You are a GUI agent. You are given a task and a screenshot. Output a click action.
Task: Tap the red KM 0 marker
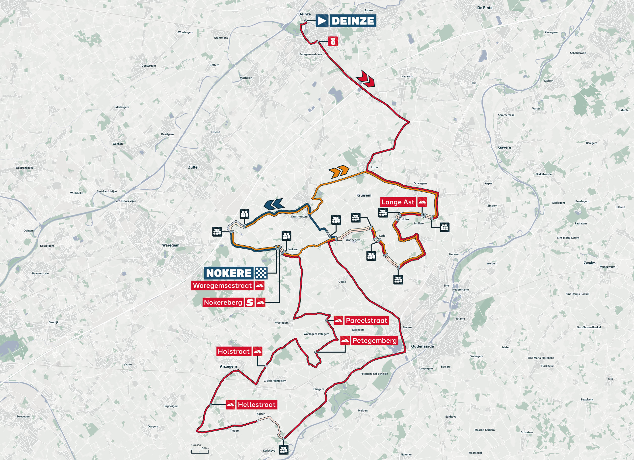coord(333,41)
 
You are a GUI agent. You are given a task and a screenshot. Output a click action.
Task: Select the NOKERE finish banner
coord(229,273)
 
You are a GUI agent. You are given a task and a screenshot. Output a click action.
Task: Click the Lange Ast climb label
coord(398,202)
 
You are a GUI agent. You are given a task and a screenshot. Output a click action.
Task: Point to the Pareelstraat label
coord(367,321)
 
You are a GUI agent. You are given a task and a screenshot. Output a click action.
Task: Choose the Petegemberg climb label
coord(374,340)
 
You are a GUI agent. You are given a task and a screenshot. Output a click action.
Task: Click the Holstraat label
coord(234,351)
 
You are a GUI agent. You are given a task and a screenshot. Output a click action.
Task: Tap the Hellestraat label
coord(257,405)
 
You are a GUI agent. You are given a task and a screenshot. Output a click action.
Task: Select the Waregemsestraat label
coord(222,286)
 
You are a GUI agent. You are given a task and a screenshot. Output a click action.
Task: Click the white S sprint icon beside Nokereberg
coord(250,302)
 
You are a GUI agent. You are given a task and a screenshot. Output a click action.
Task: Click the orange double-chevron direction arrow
coord(339,172)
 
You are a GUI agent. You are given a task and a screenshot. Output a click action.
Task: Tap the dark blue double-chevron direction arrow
coord(274,204)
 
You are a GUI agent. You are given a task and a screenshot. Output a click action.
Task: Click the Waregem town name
coord(171,245)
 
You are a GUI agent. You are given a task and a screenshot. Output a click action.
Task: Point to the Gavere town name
coord(504,147)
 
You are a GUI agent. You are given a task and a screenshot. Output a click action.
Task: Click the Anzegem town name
coord(228,366)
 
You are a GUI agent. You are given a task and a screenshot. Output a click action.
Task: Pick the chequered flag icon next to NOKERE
coord(261,273)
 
